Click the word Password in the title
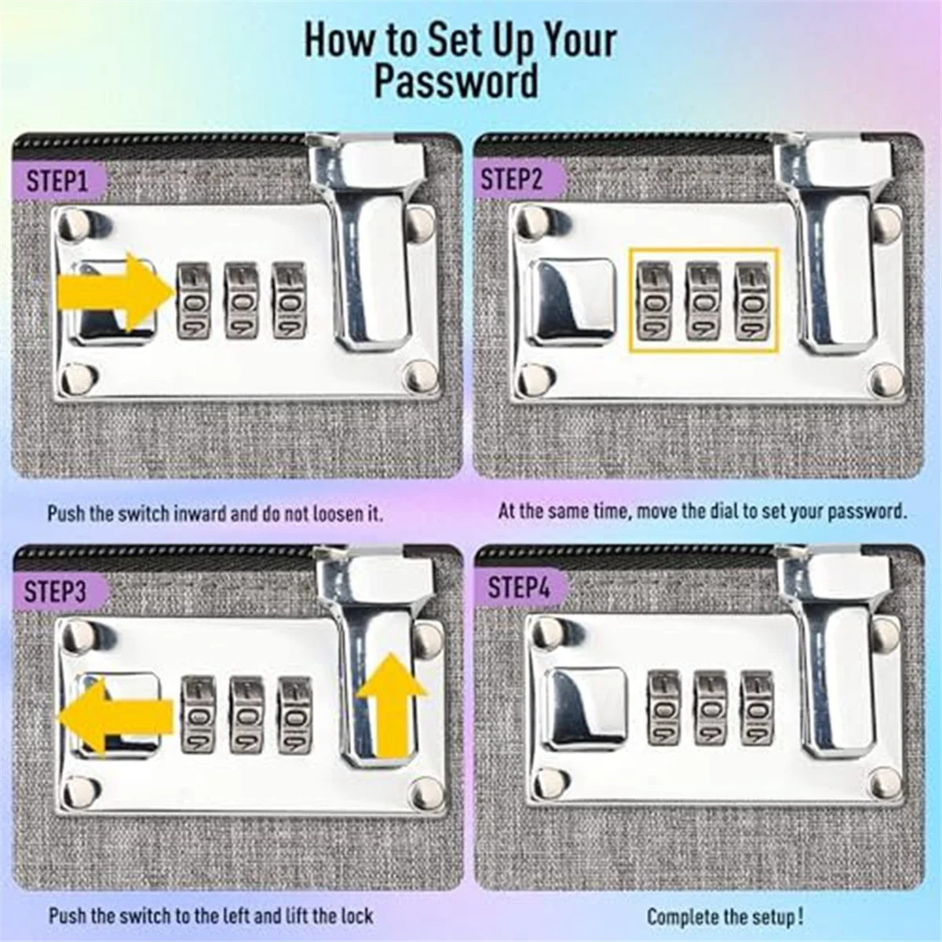(455, 81)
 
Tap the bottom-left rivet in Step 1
(78, 378)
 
